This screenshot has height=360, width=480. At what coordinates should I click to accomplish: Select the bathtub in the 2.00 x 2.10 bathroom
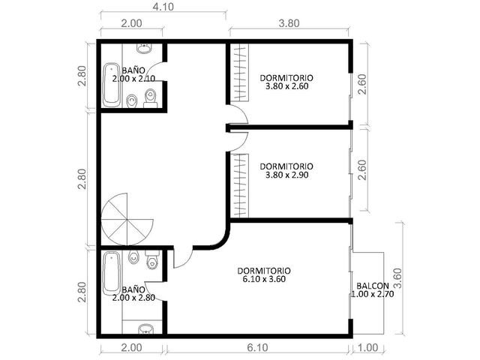pyautogui.click(x=112, y=85)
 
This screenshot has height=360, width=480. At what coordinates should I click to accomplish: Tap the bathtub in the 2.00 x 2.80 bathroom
pyautogui.click(x=112, y=273)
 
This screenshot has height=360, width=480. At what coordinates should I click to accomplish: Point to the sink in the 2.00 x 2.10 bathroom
pyautogui.click(x=144, y=48)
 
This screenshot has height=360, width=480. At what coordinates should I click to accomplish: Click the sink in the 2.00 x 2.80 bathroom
pyautogui.click(x=145, y=329)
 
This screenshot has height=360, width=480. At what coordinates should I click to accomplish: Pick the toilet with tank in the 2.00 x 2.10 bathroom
pyautogui.click(x=150, y=98)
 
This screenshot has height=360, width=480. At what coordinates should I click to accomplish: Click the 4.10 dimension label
pyautogui.click(x=163, y=7)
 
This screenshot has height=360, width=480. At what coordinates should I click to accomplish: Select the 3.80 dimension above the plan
pyautogui.click(x=289, y=23)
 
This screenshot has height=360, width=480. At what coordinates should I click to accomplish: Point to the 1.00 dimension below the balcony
pyautogui.click(x=367, y=348)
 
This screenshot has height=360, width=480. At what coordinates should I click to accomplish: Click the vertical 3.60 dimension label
pyautogui.click(x=397, y=278)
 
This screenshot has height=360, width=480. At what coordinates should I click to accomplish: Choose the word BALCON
pyautogui.click(x=373, y=286)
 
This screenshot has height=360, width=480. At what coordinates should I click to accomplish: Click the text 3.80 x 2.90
pyautogui.click(x=286, y=175)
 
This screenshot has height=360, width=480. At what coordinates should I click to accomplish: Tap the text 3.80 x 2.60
pyautogui.click(x=286, y=86)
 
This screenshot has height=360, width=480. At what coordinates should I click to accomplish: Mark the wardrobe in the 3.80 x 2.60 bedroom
pyautogui.click(x=239, y=73)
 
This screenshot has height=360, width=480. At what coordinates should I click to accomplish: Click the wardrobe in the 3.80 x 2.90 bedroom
pyautogui.click(x=239, y=186)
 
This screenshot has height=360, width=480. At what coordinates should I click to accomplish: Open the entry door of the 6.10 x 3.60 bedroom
pyautogui.click(x=183, y=257)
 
